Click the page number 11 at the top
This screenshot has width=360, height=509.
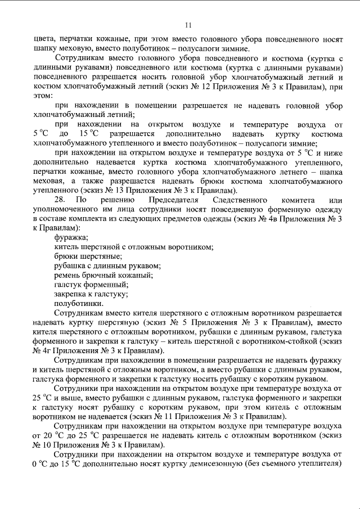[188, 24]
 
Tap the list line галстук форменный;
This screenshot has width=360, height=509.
[87, 284]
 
